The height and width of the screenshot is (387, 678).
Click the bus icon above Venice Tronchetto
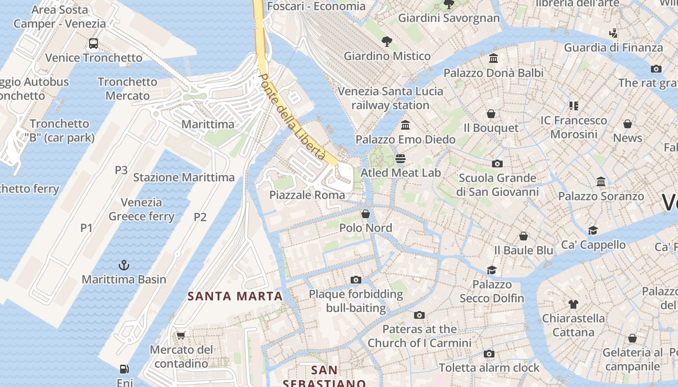pyautogui.click(x=93, y=44)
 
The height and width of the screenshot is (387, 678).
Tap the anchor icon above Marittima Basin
pyautogui.click(x=124, y=265)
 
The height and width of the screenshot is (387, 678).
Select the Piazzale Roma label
pyautogui.click(x=307, y=195)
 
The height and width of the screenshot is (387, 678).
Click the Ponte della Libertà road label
pyautogui.click(x=292, y=117)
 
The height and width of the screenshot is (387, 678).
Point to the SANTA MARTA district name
pyautogui.click(x=235, y=296)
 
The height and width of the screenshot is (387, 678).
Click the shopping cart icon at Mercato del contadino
pyautogui.click(x=181, y=335)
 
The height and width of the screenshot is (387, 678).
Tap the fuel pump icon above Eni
pyautogui.click(x=124, y=369)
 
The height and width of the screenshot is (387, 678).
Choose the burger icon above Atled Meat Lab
pyautogui.click(x=401, y=159)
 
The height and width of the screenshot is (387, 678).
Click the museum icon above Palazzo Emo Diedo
pyautogui.click(x=405, y=125)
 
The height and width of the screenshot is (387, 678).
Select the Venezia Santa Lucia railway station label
pyautogui.click(x=390, y=98)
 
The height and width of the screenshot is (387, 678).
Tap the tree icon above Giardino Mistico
pyautogui.click(x=386, y=42)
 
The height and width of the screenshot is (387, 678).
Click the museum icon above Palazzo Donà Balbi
pyautogui.click(x=493, y=59)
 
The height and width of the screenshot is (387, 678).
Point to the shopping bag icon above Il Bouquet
pyautogui.click(x=491, y=114)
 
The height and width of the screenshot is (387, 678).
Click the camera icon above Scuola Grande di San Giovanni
pyautogui.click(x=497, y=164)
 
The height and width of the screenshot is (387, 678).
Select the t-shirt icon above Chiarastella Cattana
pyautogui.click(x=573, y=304)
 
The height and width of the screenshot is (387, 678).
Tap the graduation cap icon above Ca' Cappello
pyautogui.click(x=593, y=230)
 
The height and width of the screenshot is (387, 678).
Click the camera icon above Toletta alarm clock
pyautogui.click(x=489, y=354)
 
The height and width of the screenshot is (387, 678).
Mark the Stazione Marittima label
pyautogui.click(x=184, y=178)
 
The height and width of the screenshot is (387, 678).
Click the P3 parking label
pyautogui.click(x=121, y=170)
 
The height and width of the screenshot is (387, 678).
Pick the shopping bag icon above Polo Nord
pyautogui.click(x=366, y=213)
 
